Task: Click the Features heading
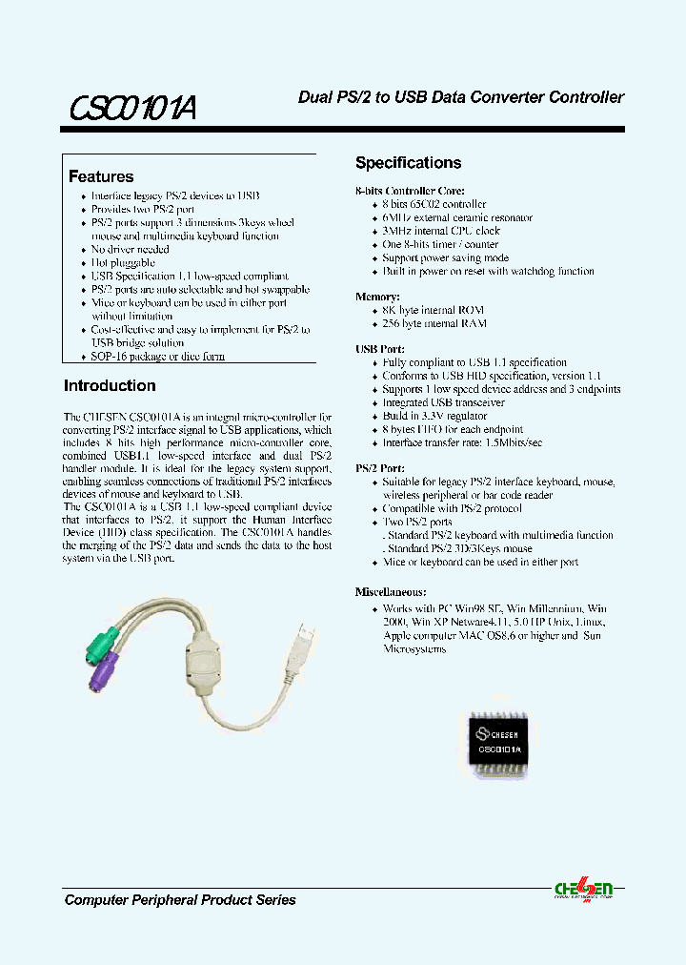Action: tap(101, 176)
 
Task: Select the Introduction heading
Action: tap(110, 386)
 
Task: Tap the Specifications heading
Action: tap(408, 163)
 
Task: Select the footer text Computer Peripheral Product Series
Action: tap(180, 900)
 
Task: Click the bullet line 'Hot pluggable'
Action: tap(123, 262)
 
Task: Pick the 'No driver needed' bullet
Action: tap(131, 249)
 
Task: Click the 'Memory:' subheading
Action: tap(379, 298)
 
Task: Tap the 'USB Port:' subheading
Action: tap(380, 350)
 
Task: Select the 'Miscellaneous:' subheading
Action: tap(391, 591)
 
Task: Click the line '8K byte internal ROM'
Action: tap(434, 310)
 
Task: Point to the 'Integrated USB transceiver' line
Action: tap(444, 403)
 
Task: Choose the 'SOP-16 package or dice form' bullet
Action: tap(158, 357)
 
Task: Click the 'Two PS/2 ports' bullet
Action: tap(417, 523)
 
